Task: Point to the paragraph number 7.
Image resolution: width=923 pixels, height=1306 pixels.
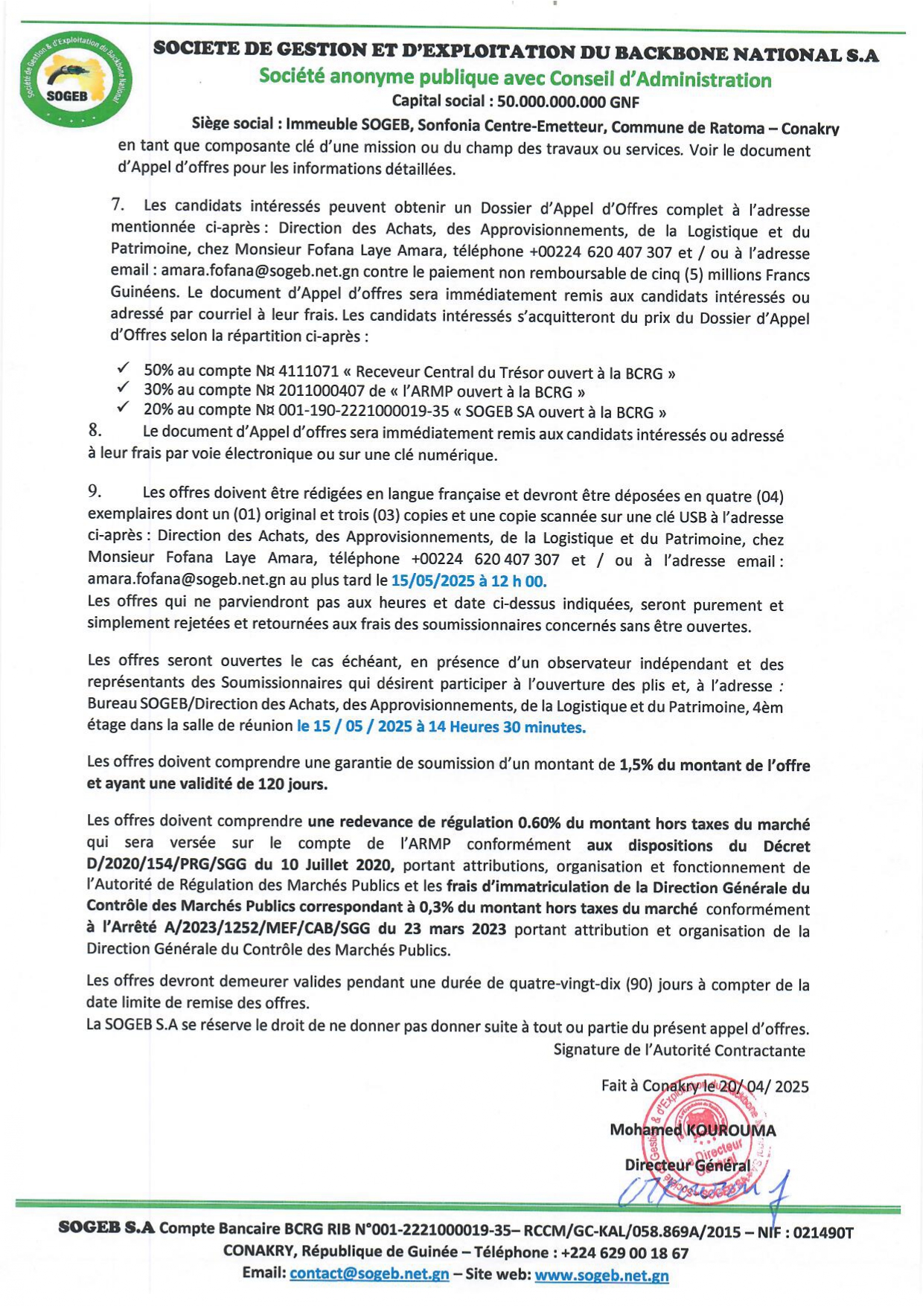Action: (x=117, y=205)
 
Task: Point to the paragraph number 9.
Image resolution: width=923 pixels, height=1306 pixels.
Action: (x=95, y=491)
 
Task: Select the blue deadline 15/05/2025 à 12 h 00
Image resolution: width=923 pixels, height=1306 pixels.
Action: (x=468, y=580)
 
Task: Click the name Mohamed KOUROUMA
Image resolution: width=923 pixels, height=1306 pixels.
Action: (x=692, y=1130)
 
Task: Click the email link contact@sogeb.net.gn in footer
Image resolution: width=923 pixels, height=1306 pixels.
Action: (x=369, y=1273)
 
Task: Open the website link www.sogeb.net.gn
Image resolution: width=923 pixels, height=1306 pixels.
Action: (x=601, y=1275)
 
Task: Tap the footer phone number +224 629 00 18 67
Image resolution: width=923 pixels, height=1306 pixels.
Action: (x=625, y=1252)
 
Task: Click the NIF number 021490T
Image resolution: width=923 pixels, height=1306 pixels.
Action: (x=823, y=1232)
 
